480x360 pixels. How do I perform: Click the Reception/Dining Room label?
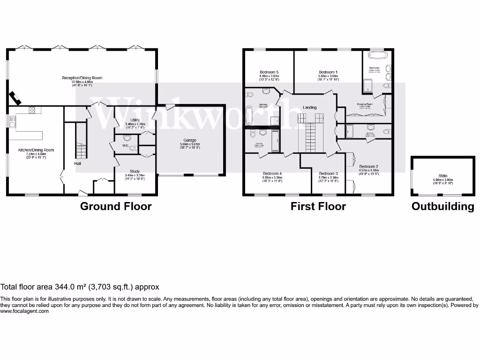coord(82,78)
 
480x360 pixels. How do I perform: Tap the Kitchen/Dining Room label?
coord(36,150)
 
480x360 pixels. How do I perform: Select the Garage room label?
coord(190,140)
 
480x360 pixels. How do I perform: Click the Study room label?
coord(135,172)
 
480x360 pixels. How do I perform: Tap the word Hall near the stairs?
coord(78,164)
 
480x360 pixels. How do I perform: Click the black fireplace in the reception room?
coord(15,97)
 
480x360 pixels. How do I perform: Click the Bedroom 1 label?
coord(328,72)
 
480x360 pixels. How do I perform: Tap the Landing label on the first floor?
coord(309,107)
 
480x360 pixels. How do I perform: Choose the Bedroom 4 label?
coord(273,173)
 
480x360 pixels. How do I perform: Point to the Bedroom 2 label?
coord(368,166)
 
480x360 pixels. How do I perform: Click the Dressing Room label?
coord(365,104)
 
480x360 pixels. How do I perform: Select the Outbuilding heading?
coord(442,206)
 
